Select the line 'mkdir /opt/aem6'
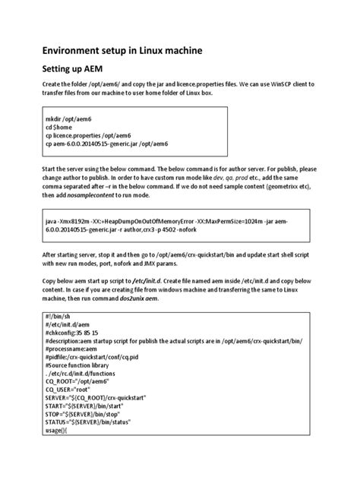[x=67, y=119]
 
